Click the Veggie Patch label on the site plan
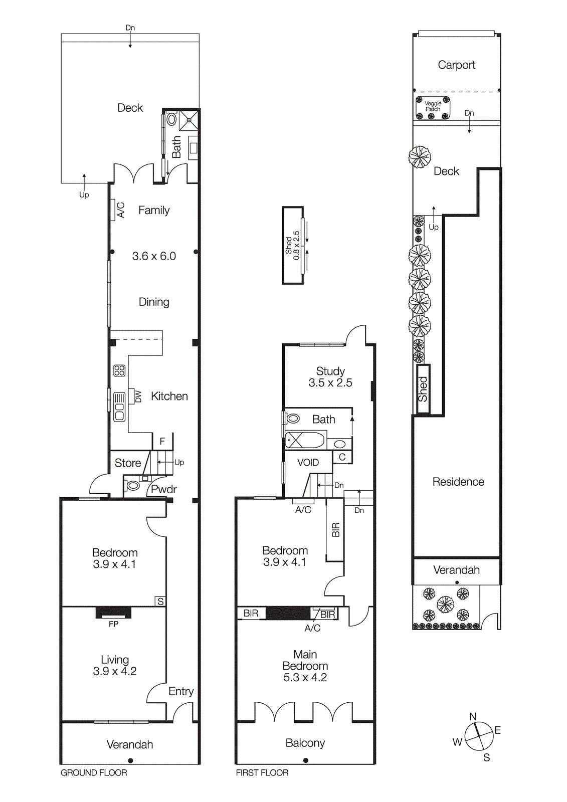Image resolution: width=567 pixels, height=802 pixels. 433,106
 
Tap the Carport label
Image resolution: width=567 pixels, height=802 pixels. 456,65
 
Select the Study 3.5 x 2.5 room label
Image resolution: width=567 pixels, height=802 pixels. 330,377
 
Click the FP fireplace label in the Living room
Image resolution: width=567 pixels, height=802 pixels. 114,624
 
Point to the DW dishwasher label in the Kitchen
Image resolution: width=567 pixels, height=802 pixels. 138,396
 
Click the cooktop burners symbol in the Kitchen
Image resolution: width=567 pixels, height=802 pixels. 119,370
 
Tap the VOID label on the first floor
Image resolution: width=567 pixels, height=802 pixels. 308,462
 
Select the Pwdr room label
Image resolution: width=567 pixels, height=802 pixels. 163,489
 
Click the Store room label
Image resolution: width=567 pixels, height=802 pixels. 128,463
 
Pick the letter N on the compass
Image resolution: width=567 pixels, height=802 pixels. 473,717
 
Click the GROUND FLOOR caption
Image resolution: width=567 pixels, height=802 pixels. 94,772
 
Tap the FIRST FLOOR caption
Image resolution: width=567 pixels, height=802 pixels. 262,772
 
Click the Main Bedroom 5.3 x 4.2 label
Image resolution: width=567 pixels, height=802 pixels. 305,666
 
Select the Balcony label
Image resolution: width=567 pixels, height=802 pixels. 305,743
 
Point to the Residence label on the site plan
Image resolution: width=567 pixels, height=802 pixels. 458,482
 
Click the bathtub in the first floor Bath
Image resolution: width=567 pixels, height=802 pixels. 305,441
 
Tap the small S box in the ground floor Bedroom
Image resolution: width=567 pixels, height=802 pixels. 160,601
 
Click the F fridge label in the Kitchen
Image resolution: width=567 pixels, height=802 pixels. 162,441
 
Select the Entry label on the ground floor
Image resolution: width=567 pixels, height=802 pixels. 181,691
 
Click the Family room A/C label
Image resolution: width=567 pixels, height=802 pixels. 120,210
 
